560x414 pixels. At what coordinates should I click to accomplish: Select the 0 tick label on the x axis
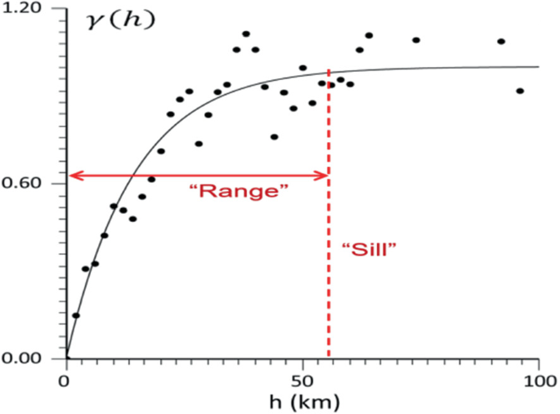pyautogui.click(x=65, y=381)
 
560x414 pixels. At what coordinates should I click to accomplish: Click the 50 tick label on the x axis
pyautogui.click(x=302, y=381)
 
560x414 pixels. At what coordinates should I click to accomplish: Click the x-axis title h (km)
pyautogui.click(x=302, y=401)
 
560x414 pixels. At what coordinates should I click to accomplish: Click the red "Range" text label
pyautogui.click(x=239, y=195)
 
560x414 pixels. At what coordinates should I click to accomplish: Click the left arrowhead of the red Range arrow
pyautogui.click(x=70, y=175)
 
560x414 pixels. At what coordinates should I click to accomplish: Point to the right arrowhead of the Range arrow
pyautogui.click(x=324, y=175)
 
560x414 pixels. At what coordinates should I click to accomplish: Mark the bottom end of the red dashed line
pyautogui.click(x=329, y=356)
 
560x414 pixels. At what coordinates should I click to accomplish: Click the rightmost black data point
pyautogui.click(x=520, y=91)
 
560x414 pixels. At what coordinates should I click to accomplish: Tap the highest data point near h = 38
pyautogui.click(x=246, y=34)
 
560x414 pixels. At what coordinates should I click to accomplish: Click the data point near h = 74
pyautogui.click(x=416, y=40)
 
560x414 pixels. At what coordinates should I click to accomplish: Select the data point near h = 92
pyautogui.click(x=501, y=42)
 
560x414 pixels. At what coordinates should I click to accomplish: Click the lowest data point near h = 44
pyautogui.click(x=274, y=137)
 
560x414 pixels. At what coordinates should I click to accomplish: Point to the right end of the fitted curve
pyautogui.click(x=539, y=67)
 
